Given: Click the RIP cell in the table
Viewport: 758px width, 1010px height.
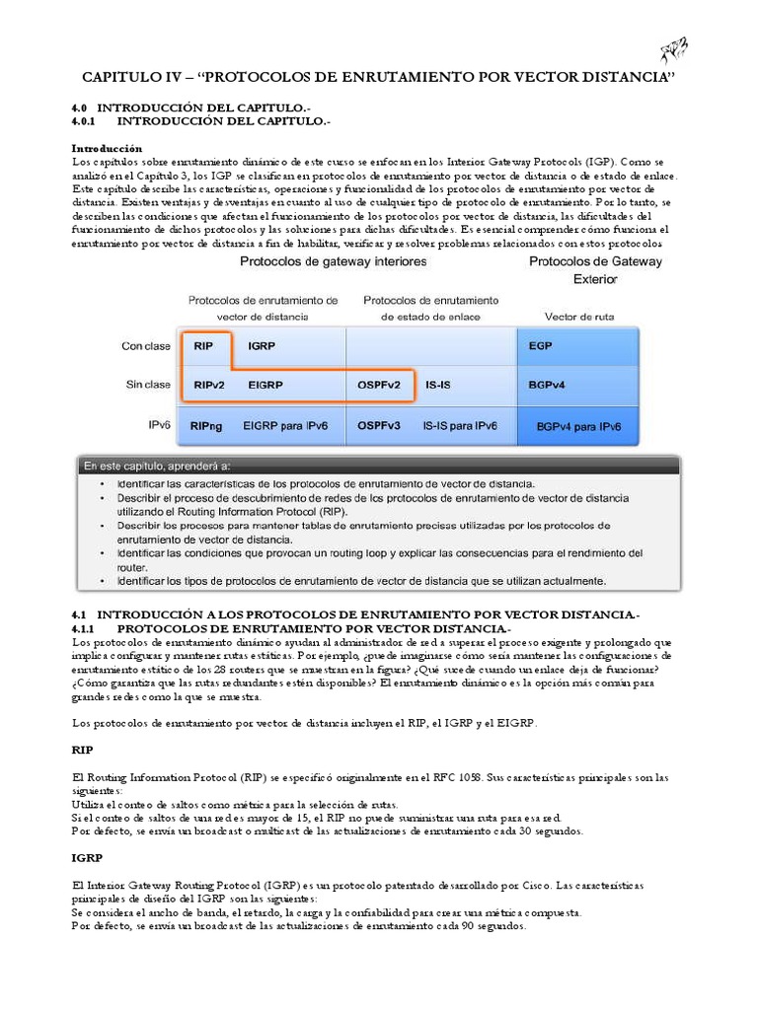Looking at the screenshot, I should coord(204,346).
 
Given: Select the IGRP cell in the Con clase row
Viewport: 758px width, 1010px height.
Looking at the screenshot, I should coord(262,346).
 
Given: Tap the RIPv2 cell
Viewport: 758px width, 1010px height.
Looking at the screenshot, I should coord(208,385).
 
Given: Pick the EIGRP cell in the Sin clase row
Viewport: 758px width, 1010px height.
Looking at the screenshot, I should coord(265,385).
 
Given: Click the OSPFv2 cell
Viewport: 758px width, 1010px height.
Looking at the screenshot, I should coord(379,385).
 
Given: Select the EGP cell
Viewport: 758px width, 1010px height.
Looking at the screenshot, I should coord(540,346).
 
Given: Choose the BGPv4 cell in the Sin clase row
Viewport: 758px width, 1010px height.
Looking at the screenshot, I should coord(546,385).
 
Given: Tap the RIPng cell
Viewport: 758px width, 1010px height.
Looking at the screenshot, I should coord(207,426).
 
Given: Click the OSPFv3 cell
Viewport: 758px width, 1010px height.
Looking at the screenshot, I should coord(379,426).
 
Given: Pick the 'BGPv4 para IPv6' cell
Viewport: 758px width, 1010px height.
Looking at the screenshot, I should coord(578,427).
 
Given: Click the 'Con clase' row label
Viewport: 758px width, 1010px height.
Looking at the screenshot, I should coord(145,346).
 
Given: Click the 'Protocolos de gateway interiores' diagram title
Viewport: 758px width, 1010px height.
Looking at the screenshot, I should coord(334,262).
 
